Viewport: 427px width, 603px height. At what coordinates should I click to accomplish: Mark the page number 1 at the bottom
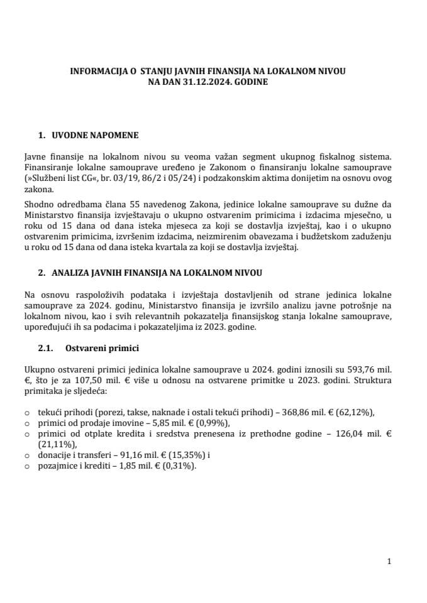390,562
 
